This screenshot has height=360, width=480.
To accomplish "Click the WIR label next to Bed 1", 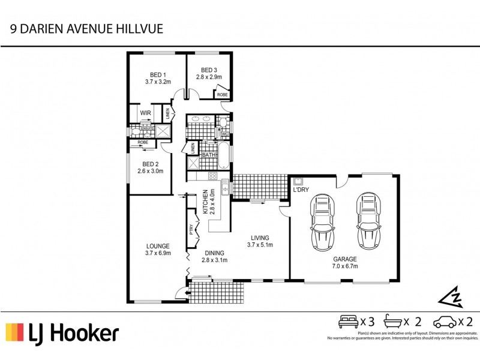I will click(145, 113).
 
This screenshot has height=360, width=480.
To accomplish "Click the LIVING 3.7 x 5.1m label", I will click(260, 241).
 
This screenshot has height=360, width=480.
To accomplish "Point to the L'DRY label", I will click(300, 190).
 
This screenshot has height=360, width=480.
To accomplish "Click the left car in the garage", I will click(323, 222).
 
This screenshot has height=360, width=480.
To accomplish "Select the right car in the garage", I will click(367, 221).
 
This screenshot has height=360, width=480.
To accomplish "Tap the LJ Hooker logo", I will click(62, 333).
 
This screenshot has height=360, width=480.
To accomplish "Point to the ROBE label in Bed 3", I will click(222, 95).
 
